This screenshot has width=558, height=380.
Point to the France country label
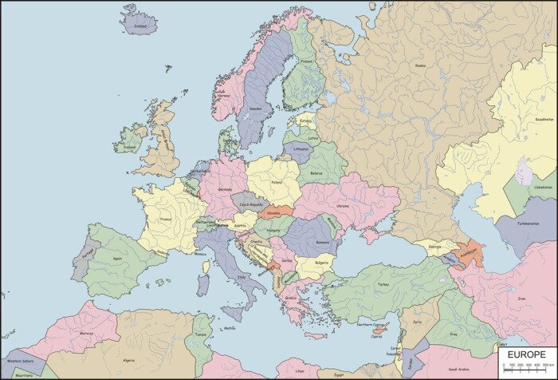click(x=165, y=219)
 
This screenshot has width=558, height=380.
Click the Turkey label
click(x=383, y=283)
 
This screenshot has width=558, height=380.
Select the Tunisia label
click(x=201, y=334)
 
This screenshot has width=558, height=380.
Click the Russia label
click(x=420, y=65)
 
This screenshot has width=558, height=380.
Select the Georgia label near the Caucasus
click(x=434, y=246)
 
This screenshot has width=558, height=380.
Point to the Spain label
click(x=117, y=259)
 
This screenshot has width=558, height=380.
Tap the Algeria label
click(x=128, y=361)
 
